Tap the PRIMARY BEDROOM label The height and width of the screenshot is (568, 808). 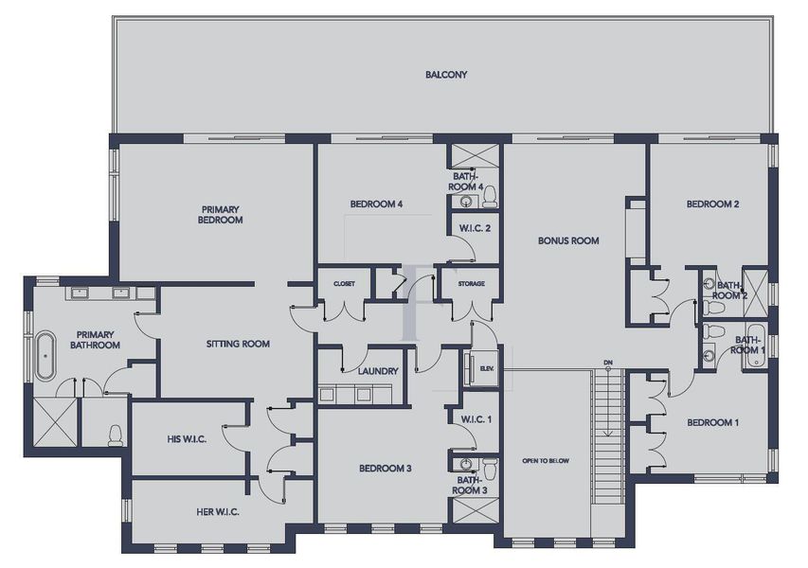click(221, 214)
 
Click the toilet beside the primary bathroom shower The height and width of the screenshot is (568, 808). click(115, 435)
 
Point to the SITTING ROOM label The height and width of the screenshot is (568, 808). click(238, 344)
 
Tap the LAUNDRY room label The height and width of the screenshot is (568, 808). click(378, 371)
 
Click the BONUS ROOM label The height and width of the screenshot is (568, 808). click(568, 240)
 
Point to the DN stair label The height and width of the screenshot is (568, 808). click(608, 363)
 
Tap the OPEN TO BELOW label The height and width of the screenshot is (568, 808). click(545, 461)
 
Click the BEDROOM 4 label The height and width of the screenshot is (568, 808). click(376, 204)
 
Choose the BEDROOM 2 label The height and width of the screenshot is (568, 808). click(712, 204)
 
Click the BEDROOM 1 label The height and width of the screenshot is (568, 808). click(712, 422)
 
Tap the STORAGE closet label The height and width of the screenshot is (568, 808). click(471, 284)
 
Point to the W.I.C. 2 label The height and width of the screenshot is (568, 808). click(473, 227)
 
